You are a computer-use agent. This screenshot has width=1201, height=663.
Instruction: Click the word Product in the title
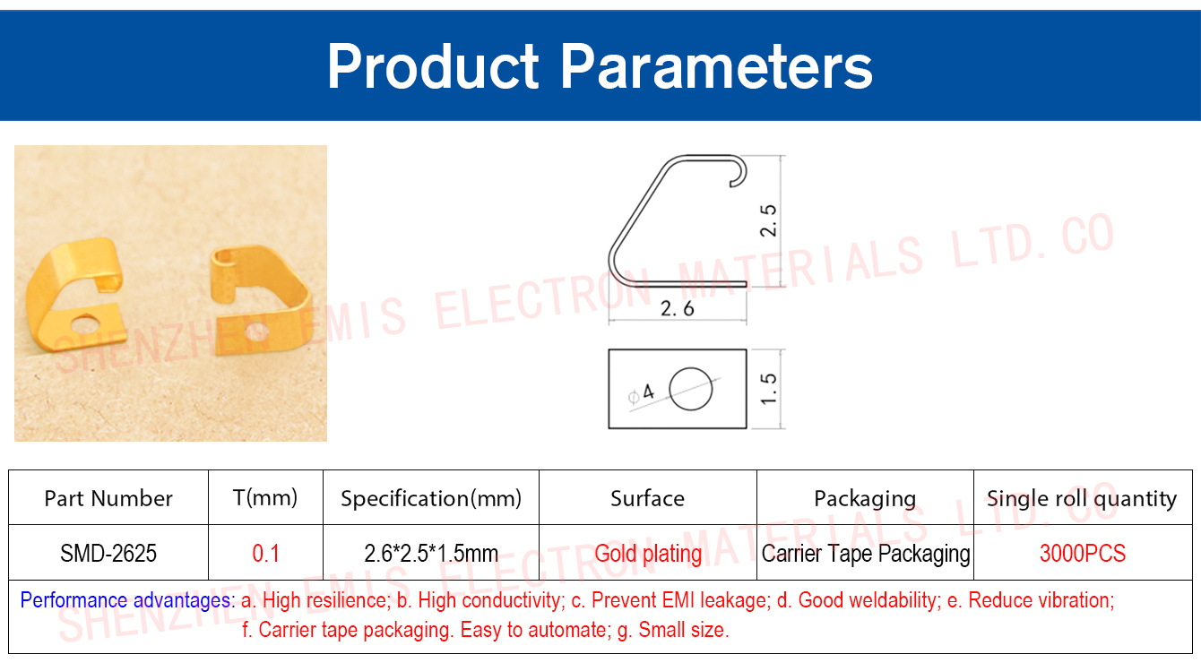click(433, 66)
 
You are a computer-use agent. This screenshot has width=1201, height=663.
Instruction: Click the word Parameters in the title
click(717, 66)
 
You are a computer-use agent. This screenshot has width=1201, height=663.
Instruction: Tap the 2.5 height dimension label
click(768, 220)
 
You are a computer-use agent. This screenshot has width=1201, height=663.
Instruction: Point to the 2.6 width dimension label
click(678, 309)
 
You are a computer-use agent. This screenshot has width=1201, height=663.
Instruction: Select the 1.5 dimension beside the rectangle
click(768, 389)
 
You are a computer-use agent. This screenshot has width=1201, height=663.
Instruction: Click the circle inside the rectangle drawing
click(690, 389)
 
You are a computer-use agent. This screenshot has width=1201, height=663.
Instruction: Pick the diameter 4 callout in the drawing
click(641, 393)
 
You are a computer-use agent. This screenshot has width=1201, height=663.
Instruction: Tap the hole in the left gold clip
click(85, 324)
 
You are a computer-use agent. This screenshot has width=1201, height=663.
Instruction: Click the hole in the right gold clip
click(256, 331)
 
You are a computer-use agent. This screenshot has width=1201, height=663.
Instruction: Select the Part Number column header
click(108, 498)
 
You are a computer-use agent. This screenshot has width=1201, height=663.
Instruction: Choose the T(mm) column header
click(265, 498)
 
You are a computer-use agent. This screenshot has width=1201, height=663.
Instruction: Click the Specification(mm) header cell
click(431, 498)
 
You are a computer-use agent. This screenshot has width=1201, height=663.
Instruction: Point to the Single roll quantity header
click(1082, 499)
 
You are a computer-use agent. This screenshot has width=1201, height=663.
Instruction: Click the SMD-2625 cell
click(108, 553)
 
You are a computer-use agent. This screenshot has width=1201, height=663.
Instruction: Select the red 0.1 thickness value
click(265, 553)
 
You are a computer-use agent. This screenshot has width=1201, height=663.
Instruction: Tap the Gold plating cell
click(648, 554)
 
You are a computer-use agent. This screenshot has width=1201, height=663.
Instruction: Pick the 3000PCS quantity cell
click(1083, 553)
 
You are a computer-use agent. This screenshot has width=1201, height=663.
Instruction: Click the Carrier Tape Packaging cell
click(866, 554)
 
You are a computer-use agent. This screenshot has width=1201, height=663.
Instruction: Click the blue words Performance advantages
click(127, 600)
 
